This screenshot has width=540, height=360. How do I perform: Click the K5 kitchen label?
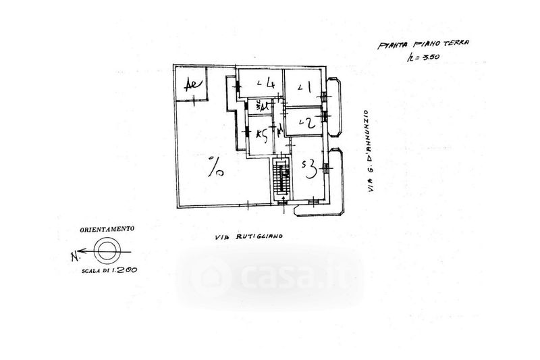[x=261, y=134]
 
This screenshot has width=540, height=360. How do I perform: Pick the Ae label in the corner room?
[x=192, y=86]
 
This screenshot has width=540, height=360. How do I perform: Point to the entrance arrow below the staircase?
[x=283, y=199]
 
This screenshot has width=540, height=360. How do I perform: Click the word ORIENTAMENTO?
[x=107, y=229]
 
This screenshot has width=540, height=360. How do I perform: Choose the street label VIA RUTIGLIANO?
[x=249, y=236]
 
